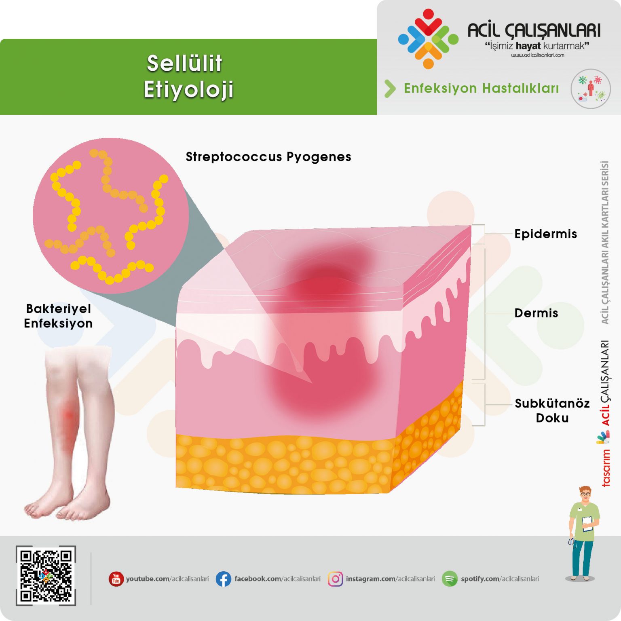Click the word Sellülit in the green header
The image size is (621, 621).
(184, 63)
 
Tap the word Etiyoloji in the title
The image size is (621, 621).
(188, 90)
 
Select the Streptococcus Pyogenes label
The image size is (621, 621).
(268, 157)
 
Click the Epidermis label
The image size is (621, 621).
(545, 234)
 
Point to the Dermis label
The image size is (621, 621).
(536, 313)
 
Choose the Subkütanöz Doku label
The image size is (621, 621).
(552, 410)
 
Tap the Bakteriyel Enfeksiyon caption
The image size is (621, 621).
(58, 316)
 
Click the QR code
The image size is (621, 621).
(46, 575)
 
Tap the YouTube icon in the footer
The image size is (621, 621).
(116, 579)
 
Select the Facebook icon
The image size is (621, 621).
(223, 579)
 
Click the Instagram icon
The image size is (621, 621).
(335, 579)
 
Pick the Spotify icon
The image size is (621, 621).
(450, 579)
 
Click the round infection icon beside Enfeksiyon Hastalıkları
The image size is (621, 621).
(590, 89)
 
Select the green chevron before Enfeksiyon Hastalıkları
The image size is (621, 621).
(390, 89)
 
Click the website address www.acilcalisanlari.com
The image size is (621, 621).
(537, 55)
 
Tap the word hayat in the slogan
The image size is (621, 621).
(528, 46)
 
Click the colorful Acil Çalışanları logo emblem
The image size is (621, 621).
(428, 39)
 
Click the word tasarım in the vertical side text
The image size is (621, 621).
(606, 468)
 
